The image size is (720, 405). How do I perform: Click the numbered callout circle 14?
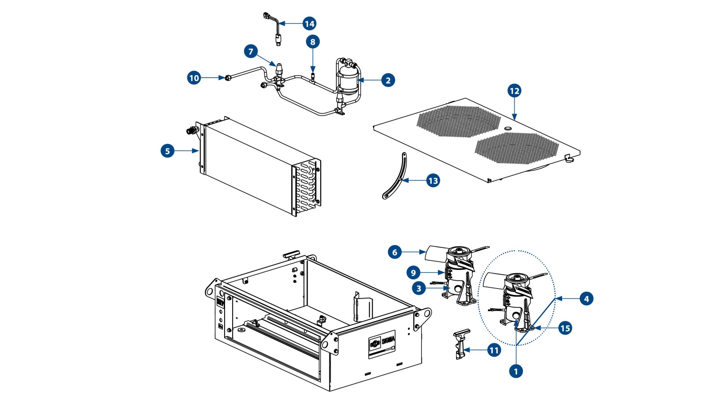[x=309, y=24]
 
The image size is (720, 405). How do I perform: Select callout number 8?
[x=313, y=42]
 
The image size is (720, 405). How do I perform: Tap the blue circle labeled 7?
[x=251, y=51]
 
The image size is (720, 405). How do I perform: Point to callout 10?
[x=194, y=78]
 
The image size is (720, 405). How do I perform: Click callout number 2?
[x=388, y=80]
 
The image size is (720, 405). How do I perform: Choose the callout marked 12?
[x=514, y=91]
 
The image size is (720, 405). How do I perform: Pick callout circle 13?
[x=433, y=181]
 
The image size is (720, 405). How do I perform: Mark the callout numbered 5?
[x=168, y=151]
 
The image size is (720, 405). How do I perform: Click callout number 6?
[x=394, y=252]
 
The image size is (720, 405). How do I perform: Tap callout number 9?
[x=413, y=273]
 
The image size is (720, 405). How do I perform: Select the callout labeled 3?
[x=419, y=288]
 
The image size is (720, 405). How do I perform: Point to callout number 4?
[x=586, y=299]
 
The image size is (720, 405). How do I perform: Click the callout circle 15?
[x=565, y=328]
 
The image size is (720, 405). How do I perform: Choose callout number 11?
[x=494, y=350]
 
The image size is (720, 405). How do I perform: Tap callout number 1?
[x=516, y=371]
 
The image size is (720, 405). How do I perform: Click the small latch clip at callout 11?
[x=461, y=344]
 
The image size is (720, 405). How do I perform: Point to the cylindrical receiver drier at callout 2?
[x=348, y=80]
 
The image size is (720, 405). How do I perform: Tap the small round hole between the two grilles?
[x=508, y=128]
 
